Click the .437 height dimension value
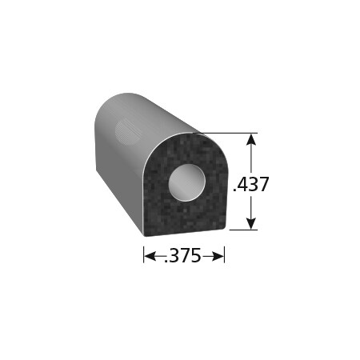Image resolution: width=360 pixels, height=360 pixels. click(x=250, y=185)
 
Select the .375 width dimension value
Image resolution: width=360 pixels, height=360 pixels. click(x=183, y=255)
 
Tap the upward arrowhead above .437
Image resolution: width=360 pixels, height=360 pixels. click(x=253, y=139)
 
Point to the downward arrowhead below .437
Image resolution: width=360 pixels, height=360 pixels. click(x=253, y=224)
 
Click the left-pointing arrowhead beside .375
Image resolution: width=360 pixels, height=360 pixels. click(x=148, y=255)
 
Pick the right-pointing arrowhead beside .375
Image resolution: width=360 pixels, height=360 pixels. click(x=219, y=255)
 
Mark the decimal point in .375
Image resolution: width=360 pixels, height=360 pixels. click(x=166, y=260)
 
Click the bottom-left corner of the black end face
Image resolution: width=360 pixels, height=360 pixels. click(x=146, y=234)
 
